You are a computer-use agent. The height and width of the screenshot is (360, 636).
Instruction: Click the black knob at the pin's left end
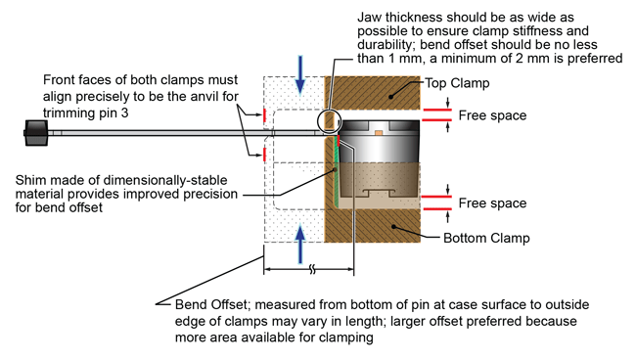click(x=37, y=133)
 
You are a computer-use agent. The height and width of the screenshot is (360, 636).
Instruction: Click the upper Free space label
click(x=493, y=115)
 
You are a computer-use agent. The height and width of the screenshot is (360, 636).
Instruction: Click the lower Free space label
click(x=493, y=203)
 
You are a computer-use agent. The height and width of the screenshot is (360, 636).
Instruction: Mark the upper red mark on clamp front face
click(x=266, y=115)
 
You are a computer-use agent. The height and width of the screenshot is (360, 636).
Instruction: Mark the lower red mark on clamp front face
click(x=266, y=155)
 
